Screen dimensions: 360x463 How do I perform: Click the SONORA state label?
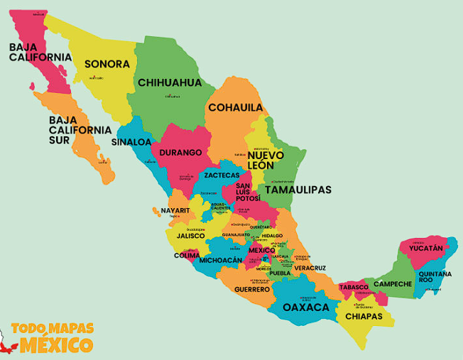[107, 64]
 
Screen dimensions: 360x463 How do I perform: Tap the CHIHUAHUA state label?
[170, 82]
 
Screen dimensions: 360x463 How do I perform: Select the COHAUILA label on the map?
[235, 108]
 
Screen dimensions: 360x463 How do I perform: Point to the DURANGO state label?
[180, 152]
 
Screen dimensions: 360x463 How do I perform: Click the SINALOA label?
[131, 141]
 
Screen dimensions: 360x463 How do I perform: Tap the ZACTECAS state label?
[222, 175]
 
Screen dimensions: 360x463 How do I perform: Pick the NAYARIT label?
[175, 211]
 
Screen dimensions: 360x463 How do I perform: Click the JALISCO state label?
[190, 236]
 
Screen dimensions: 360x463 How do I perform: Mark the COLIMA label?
[187, 256]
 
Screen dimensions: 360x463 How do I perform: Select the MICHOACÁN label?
[221, 261]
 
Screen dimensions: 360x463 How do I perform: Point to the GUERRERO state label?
[252, 290]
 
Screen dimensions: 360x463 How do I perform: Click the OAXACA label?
[305, 307]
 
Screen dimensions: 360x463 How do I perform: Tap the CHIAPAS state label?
[364, 316]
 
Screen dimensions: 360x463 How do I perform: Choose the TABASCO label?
[353, 288]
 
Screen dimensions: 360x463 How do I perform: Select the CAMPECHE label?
[393, 284]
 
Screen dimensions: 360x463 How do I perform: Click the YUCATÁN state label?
[425, 249]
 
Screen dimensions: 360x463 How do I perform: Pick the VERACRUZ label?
[310, 268]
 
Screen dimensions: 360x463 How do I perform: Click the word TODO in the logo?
[28, 329]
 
